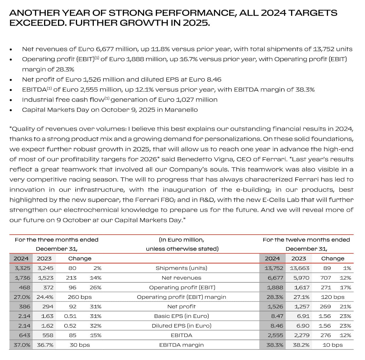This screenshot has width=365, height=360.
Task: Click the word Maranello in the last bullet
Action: [x=181, y=110]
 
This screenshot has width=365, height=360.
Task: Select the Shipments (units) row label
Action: [x=181, y=268]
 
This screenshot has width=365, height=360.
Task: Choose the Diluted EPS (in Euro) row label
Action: [x=181, y=326]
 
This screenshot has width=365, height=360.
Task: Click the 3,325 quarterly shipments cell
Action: [x=22, y=268]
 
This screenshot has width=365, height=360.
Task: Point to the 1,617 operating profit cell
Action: [x=302, y=287]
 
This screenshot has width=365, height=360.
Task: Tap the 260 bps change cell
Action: [x=80, y=297]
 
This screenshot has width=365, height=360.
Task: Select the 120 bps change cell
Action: [x=332, y=297]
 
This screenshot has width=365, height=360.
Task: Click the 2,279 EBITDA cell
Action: [x=302, y=336]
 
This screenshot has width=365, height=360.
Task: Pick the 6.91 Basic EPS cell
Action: [x=303, y=316]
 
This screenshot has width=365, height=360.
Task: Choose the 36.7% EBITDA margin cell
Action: [x=45, y=345]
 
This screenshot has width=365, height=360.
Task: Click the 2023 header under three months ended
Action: [x=44, y=258]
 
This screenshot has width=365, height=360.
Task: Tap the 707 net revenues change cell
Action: [x=325, y=278]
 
